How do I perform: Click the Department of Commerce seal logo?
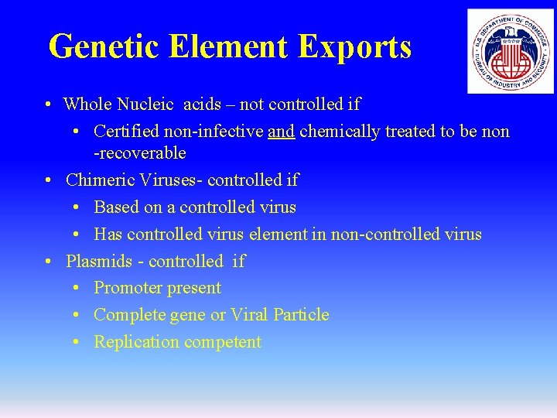[510, 51]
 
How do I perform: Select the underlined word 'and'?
[281, 132]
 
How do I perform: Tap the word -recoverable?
[140, 153]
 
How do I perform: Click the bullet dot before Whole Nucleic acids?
[48, 104]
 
